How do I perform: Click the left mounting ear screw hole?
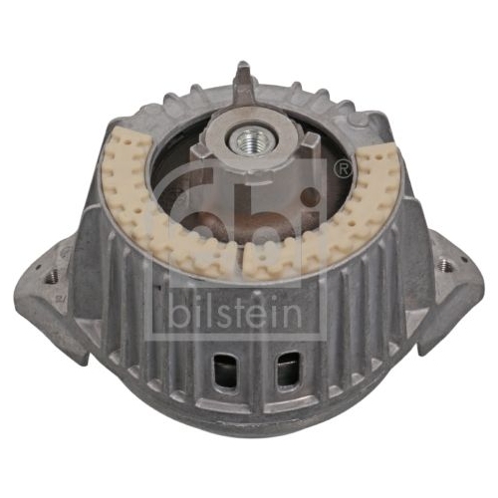pos(51,275)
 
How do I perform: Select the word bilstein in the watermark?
pos(236,312)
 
